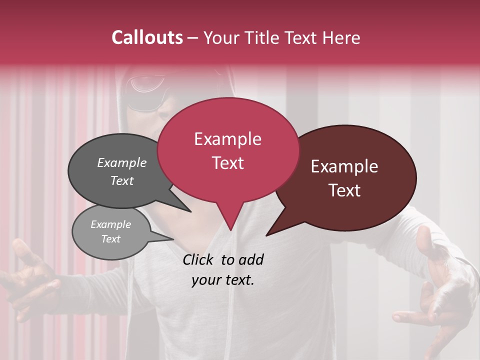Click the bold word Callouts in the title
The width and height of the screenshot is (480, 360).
pos(147,37)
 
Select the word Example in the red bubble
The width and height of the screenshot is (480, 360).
pos(227,139)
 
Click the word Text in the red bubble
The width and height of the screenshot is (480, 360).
pos(227,163)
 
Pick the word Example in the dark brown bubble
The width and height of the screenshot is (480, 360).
pos(344,166)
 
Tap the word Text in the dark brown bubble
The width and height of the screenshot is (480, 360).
pos(344,190)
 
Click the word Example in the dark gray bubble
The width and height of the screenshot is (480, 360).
pos(121,163)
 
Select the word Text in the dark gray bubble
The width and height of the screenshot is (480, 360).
pos(121,180)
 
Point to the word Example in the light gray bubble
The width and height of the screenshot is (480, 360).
pos(110,224)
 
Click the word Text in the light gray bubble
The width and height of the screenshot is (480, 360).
pos(110,239)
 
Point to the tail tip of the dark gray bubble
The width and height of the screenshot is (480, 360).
pos(190,211)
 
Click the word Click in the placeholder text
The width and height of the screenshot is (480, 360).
pos(199,259)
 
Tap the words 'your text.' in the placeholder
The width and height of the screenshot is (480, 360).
pos(222,280)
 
